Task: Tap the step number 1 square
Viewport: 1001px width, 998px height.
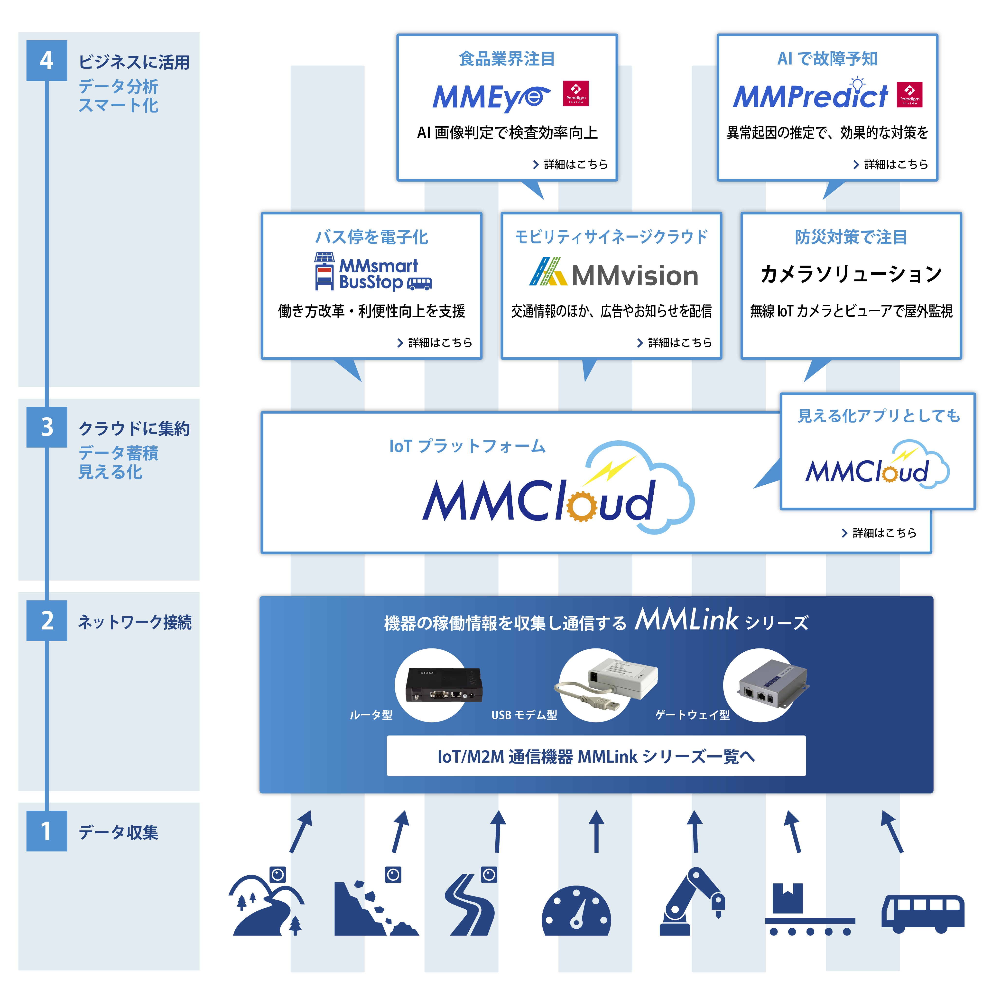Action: tap(47, 831)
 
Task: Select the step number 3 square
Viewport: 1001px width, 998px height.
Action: tap(47, 427)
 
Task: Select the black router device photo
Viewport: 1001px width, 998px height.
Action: tap(444, 684)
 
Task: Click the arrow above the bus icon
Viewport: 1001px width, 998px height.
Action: tap(892, 832)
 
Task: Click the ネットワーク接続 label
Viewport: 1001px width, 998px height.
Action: tap(135, 622)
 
